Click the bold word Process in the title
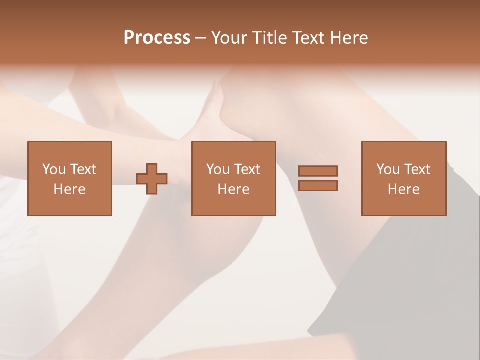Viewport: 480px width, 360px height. click(x=157, y=38)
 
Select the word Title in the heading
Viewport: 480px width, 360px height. click(x=269, y=38)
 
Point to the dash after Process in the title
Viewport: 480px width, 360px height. click(x=201, y=38)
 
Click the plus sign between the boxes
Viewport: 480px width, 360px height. click(x=152, y=179)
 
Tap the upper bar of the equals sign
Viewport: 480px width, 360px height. click(x=318, y=171)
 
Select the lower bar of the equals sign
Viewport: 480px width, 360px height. click(x=318, y=185)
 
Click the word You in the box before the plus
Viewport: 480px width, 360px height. click(x=54, y=169)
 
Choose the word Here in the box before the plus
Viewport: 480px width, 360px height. click(x=69, y=189)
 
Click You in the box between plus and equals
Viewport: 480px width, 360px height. click(x=218, y=169)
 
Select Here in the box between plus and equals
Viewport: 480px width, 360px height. click(x=233, y=189)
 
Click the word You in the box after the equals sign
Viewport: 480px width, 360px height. click(x=388, y=169)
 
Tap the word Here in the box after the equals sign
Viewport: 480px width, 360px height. click(x=403, y=189)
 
